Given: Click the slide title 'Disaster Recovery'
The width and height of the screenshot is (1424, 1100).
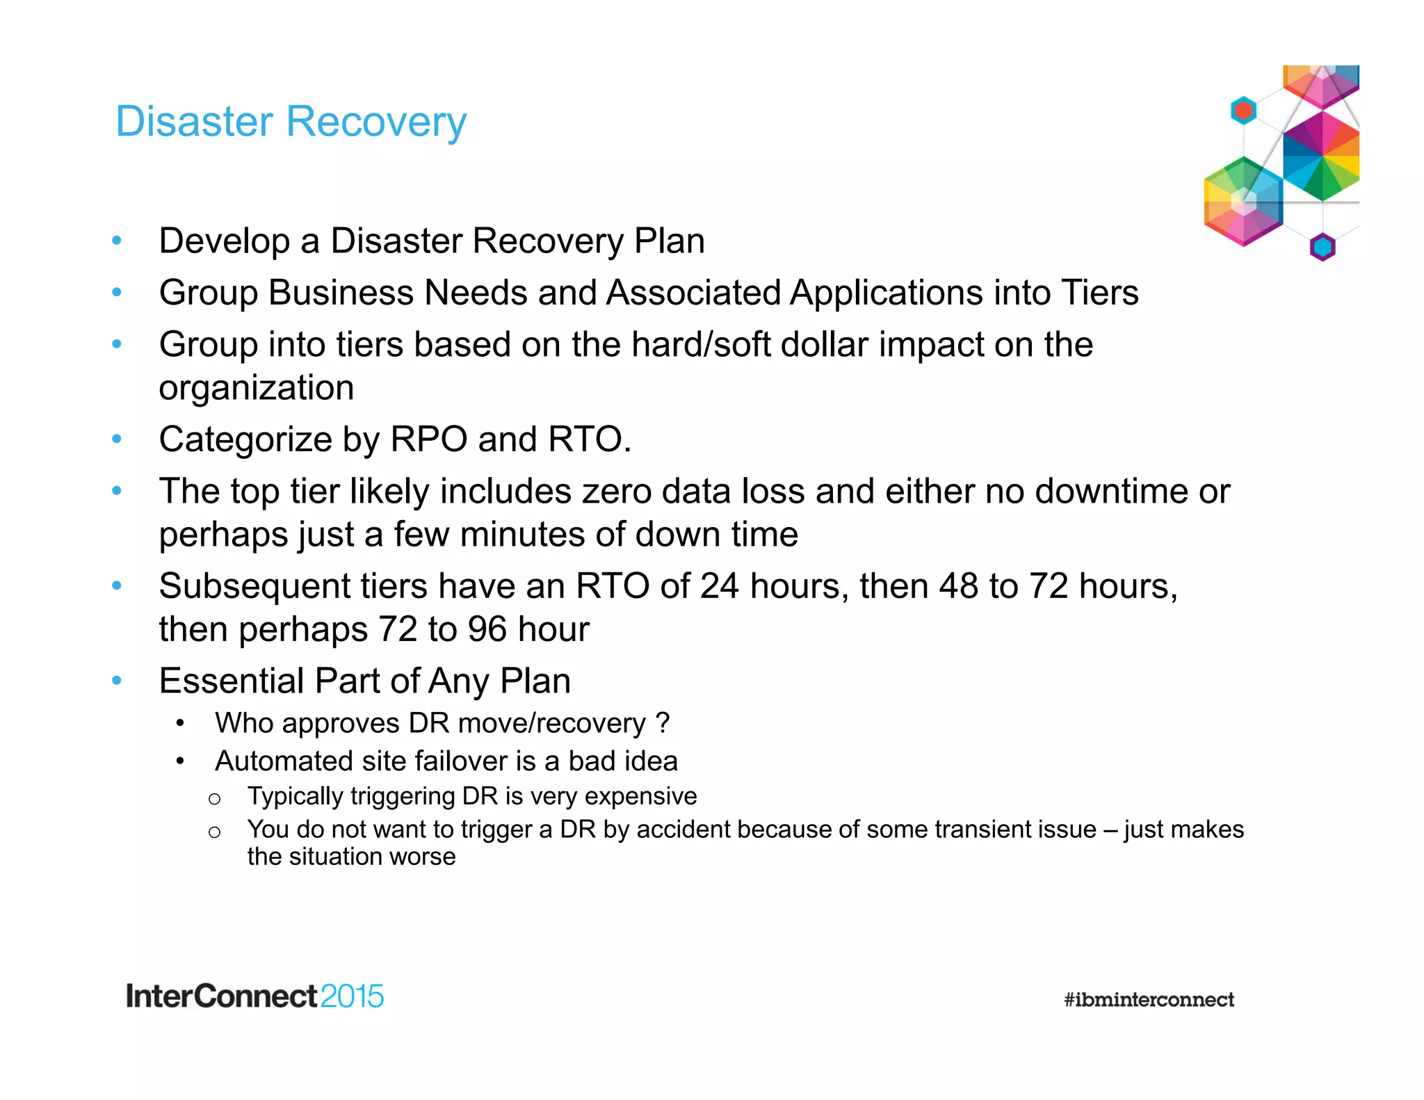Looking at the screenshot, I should tap(291, 122).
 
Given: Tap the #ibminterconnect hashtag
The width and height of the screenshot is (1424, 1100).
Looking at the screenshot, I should tap(1149, 999).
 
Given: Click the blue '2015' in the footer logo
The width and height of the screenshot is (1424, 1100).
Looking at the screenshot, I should tap(352, 996).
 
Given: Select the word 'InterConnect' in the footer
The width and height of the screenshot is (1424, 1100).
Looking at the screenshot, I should tap(221, 996).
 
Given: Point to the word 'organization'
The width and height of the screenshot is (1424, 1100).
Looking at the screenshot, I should tap(256, 388).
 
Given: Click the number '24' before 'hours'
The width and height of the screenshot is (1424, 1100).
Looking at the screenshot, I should tap(719, 586).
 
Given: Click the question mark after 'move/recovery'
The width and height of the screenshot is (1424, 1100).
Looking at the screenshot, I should tap(663, 723).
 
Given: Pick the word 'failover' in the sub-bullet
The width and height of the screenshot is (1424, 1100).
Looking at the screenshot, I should tap(460, 761).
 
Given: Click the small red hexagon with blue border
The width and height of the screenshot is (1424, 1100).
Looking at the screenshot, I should tap(1243, 110).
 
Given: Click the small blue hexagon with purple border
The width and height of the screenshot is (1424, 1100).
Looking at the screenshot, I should tap(1322, 247).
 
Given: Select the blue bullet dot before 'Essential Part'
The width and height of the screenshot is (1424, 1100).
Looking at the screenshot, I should tap(117, 680).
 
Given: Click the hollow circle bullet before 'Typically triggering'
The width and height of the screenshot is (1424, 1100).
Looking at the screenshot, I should tap(214, 799).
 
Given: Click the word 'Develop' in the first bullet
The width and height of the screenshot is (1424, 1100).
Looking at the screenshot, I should tap(224, 242).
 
